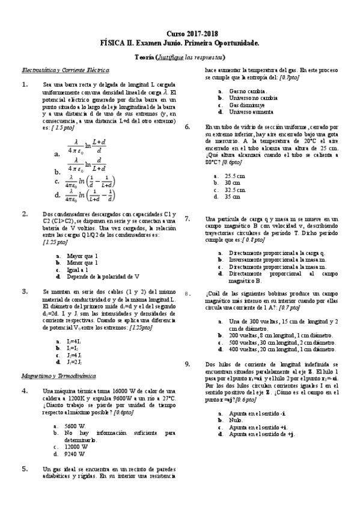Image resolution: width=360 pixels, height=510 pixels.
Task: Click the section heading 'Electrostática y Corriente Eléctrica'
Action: [x=59, y=70]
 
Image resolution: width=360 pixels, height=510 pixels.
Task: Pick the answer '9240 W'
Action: [x=76, y=454]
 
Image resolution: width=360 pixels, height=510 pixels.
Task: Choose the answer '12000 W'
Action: [x=78, y=447]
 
